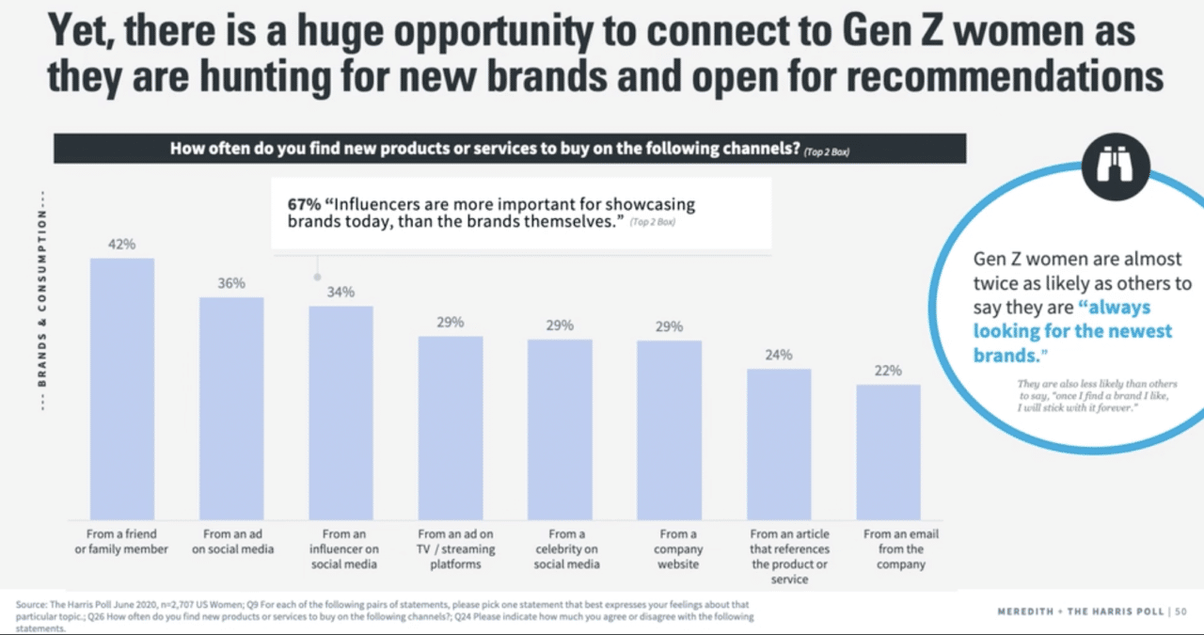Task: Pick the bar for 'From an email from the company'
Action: tap(888, 451)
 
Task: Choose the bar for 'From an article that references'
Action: tap(779, 443)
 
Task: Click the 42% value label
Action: tap(121, 245)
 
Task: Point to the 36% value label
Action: tap(231, 283)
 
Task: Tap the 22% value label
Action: tap(888, 371)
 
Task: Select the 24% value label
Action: tap(779, 355)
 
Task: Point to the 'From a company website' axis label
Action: tap(678, 548)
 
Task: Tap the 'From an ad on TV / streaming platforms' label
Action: tap(456, 548)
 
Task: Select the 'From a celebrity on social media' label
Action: tap(566, 548)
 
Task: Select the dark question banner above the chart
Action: tap(509, 150)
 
